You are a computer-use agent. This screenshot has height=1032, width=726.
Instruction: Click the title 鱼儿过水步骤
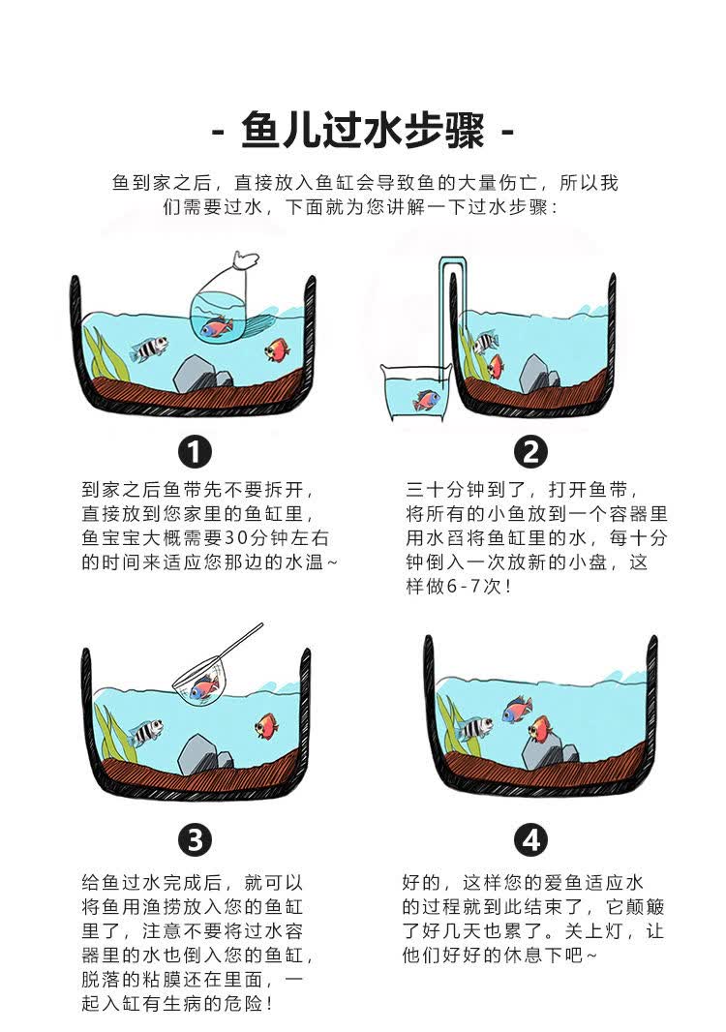click(x=363, y=131)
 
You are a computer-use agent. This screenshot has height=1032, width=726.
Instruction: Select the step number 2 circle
click(x=529, y=452)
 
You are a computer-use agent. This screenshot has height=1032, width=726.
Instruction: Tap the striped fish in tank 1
click(x=148, y=349)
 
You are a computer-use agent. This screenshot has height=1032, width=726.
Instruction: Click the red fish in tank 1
click(x=277, y=349)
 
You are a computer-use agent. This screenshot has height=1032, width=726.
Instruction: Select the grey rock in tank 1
click(x=197, y=373)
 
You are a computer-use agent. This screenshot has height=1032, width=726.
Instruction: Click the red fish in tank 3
click(x=266, y=724)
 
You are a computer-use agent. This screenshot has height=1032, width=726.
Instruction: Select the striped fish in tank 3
click(x=144, y=731)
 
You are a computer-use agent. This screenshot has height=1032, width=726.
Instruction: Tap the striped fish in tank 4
click(x=475, y=728)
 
